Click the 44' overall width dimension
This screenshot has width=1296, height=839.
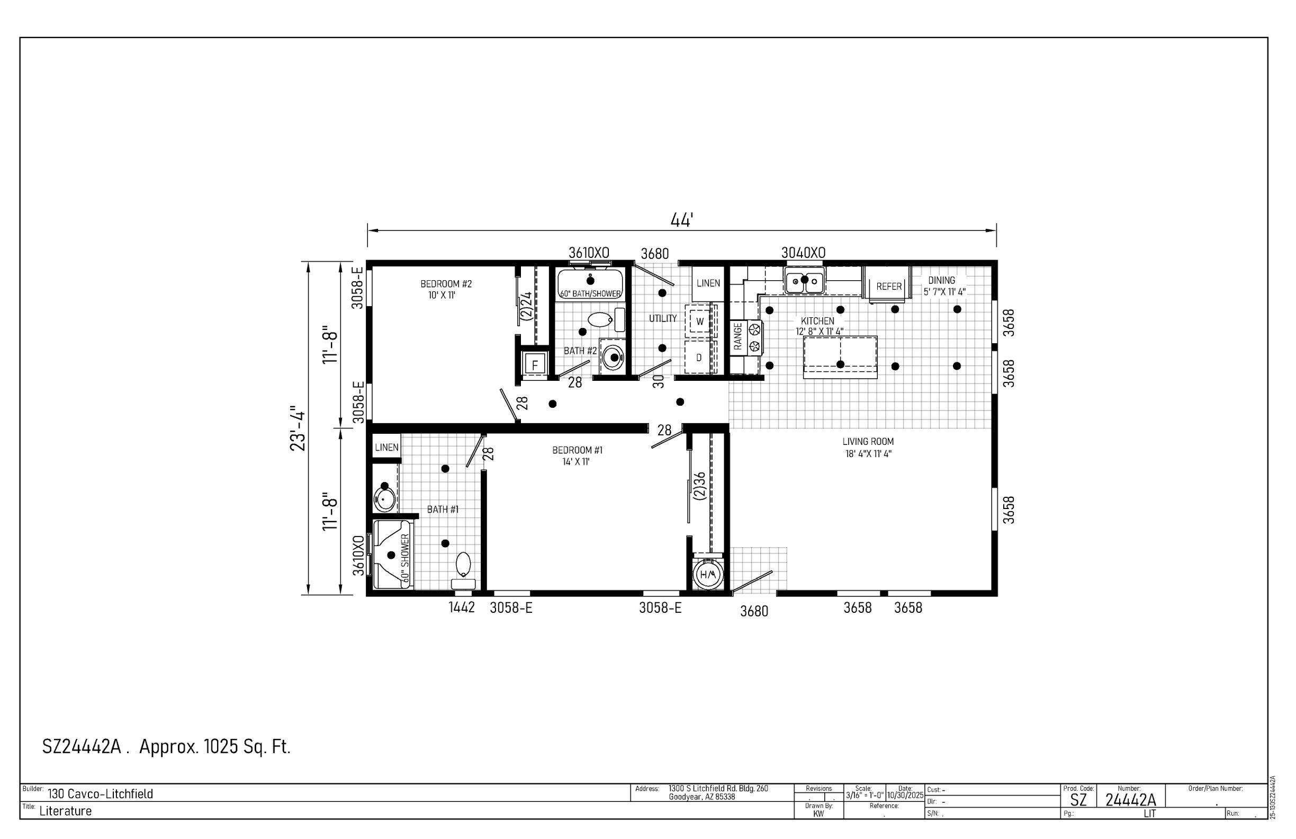[x=681, y=221]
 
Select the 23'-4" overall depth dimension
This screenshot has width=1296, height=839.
[x=298, y=428]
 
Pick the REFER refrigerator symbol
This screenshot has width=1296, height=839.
[x=888, y=284]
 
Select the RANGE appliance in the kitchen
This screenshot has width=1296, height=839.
[x=746, y=337]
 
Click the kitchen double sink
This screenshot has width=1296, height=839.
[x=805, y=281]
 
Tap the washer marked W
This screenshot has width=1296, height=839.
[x=700, y=322]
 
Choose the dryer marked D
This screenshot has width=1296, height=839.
[x=699, y=358]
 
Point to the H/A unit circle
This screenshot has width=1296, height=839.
[x=708, y=575]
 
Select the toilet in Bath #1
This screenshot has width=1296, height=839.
[x=463, y=570]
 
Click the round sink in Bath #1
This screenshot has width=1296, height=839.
[x=384, y=498]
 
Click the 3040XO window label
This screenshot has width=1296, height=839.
[x=803, y=253]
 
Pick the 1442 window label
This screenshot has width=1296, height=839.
[x=462, y=608]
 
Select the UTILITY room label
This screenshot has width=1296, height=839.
[x=663, y=319]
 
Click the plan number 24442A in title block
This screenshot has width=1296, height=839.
[x=1130, y=800]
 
